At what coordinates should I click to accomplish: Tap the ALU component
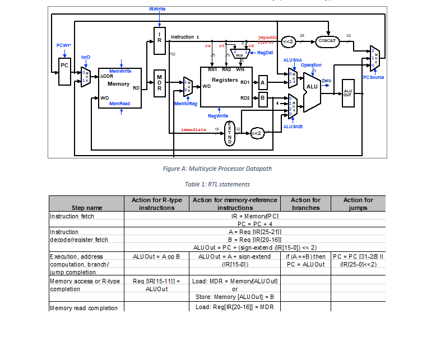point(312,87)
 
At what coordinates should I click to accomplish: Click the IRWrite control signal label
point(157,10)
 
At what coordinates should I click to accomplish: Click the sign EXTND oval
point(230,133)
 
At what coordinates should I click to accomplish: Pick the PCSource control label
point(373,77)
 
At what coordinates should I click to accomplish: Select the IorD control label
point(86,57)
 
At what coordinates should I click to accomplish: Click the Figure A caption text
point(217,169)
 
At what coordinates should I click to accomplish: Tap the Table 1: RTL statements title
point(217,184)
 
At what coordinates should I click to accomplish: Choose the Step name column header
point(86,208)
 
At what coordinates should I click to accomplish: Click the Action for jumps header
point(358,204)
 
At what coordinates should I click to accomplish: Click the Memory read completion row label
point(84,308)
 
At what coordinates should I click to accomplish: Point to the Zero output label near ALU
point(326,81)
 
